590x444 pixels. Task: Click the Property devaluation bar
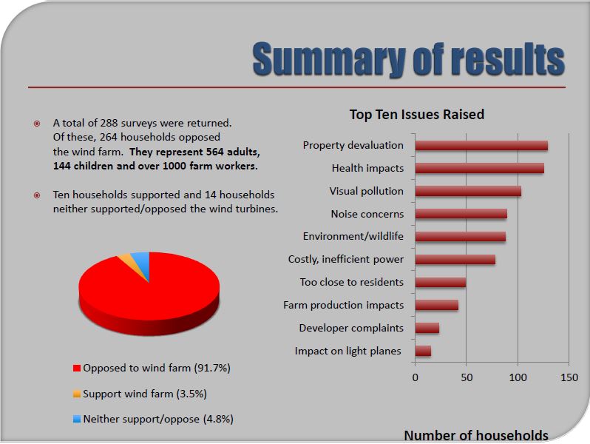[x=481, y=146]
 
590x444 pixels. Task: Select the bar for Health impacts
[x=479, y=168]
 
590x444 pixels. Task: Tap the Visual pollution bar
[x=468, y=191]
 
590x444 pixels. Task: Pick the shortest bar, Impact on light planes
[x=423, y=351]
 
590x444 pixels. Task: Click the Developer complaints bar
[x=427, y=328]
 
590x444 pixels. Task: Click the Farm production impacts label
[x=344, y=305]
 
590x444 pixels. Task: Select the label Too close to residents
[x=352, y=282]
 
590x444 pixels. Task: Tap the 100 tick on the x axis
[x=518, y=377]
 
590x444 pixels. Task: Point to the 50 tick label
[x=467, y=377]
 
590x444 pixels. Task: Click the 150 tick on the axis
[x=569, y=377]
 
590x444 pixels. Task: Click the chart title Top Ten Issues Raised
[x=417, y=115]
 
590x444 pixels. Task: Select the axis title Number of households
[x=476, y=435]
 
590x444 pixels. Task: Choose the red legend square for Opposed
[x=76, y=368]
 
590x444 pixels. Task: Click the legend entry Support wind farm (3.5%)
[x=145, y=393]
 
